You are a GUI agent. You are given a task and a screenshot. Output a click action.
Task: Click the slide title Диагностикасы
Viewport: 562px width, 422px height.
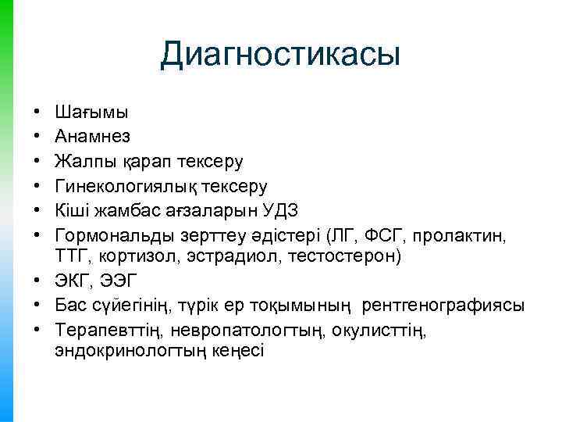pos(280,54)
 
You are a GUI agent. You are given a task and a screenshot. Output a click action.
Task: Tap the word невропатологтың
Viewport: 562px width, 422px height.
pos(240,330)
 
